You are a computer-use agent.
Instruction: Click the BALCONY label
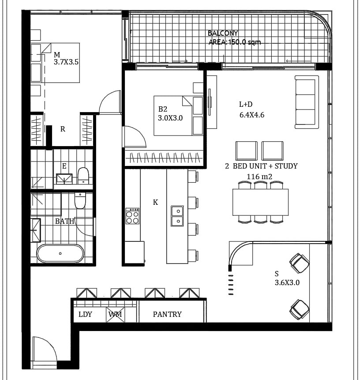(x=223, y=33)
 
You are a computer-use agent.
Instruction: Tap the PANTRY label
(x=167, y=314)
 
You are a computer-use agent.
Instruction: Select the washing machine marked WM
(x=115, y=315)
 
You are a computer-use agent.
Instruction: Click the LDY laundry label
(x=85, y=314)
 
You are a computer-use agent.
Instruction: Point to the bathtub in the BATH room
(x=60, y=253)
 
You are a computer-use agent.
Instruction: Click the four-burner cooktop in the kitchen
(x=132, y=216)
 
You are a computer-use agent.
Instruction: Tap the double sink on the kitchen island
(x=177, y=216)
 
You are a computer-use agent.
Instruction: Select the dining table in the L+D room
(x=260, y=202)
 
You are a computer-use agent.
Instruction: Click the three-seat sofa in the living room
(x=307, y=102)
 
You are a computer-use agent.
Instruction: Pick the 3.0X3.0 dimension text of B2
(x=170, y=118)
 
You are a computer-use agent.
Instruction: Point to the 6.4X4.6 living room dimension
(x=252, y=115)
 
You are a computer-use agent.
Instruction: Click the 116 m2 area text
(x=259, y=177)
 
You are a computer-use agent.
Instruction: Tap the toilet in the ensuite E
(x=83, y=176)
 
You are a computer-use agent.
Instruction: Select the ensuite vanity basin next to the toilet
(x=64, y=179)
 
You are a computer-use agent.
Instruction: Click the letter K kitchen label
(x=155, y=202)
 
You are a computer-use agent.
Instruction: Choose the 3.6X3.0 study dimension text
(x=287, y=282)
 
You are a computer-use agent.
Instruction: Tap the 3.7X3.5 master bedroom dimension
(x=66, y=62)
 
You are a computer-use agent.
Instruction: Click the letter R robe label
(x=63, y=129)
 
